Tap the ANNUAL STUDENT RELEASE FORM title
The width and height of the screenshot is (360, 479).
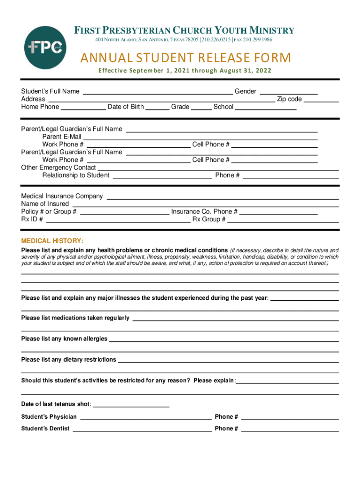pyautogui.click(x=186, y=58)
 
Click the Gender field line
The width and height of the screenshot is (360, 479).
pyautogui.click(x=288, y=93)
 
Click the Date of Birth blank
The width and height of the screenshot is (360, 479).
pyautogui.click(x=157, y=108)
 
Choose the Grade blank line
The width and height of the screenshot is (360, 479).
pyautogui.click(x=202, y=108)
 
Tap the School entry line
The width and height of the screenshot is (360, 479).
pyautogui.click(x=266, y=108)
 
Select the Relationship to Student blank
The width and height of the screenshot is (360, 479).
pyautogui.click(x=162, y=177)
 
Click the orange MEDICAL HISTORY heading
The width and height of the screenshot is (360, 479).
pyautogui.click(x=52, y=241)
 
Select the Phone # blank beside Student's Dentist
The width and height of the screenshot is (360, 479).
pyautogui.click(x=290, y=430)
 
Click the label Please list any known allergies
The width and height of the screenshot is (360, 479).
pyautogui.click(x=64, y=339)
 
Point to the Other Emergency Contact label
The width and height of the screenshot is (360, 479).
pyautogui.click(x=58, y=167)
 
